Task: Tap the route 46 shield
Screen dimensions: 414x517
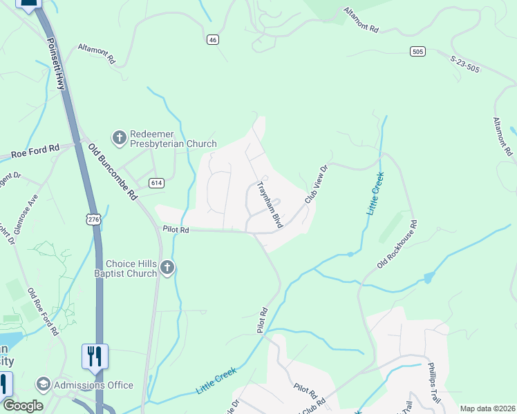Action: point(212,41)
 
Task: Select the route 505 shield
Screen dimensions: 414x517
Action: point(417,51)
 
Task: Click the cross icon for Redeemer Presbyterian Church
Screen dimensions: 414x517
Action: point(119,138)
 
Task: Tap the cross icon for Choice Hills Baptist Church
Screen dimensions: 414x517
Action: point(167,268)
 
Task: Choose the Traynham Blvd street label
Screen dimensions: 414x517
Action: point(270,204)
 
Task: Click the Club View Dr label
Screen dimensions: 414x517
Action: point(316,184)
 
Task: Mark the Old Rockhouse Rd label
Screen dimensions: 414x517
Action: point(398,244)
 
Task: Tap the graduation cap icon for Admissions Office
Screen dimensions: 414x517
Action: point(43,384)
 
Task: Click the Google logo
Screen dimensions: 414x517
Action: point(22,406)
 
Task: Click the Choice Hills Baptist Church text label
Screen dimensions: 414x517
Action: point(131,268)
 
